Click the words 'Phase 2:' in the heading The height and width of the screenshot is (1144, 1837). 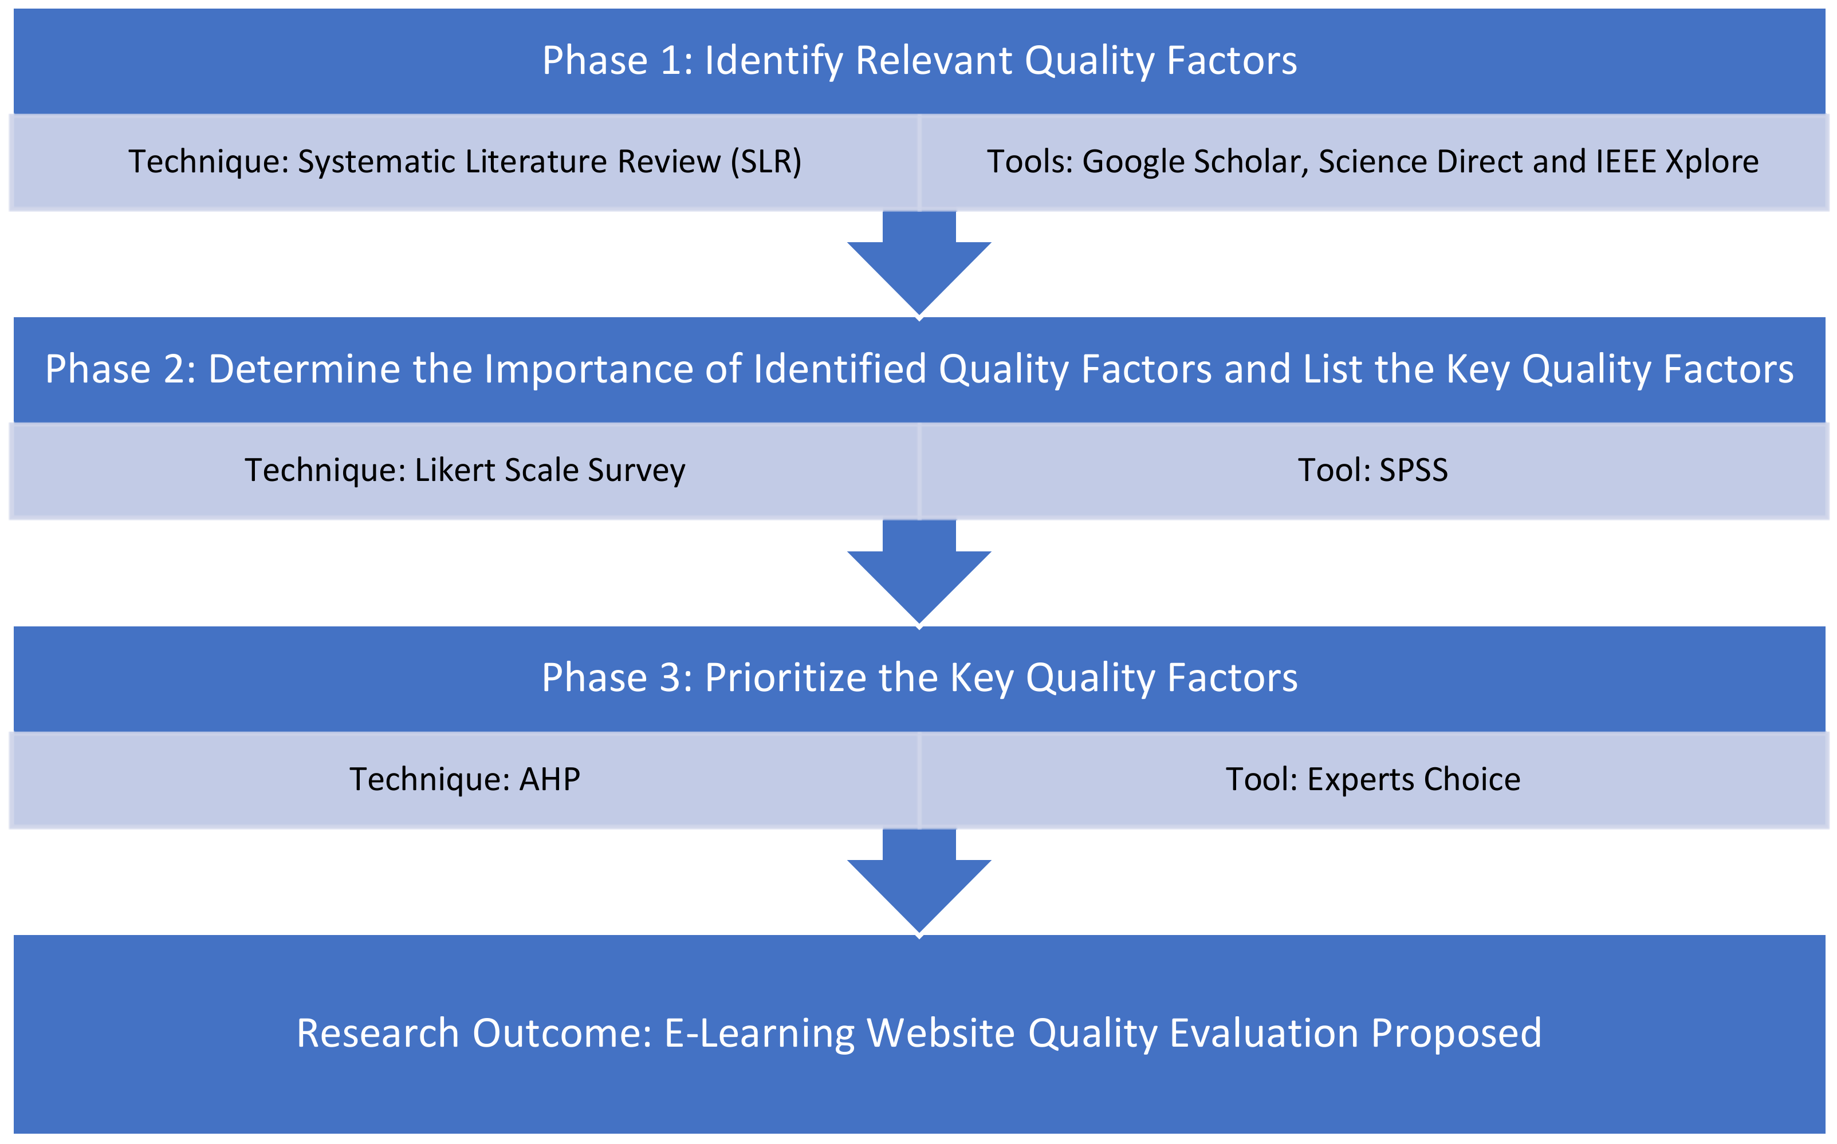[120, 369]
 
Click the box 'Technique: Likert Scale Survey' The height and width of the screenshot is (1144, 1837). [465, 471]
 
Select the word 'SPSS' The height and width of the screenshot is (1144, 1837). [1413, 471]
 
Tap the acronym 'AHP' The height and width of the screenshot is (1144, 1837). [549, 779]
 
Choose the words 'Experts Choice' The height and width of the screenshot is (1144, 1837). [1413, 779]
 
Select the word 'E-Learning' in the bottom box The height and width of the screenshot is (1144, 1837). [759, 1033]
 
